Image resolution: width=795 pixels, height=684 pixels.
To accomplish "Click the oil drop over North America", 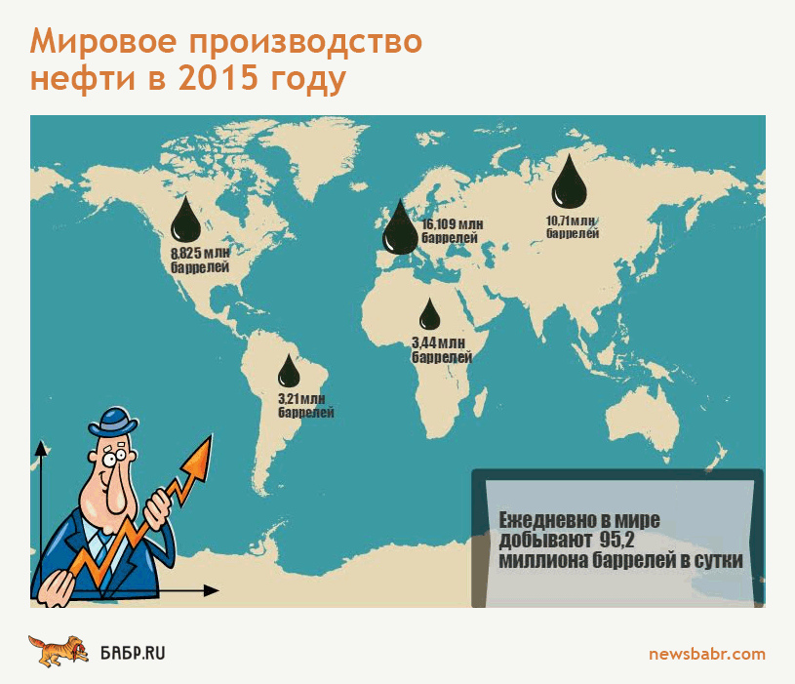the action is pyautogui.click(x=185, y=221).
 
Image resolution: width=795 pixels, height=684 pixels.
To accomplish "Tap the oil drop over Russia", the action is pyautogui.click(x=569, y=183).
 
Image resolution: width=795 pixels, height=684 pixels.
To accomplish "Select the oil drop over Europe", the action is pyautogui.click(x=400, y=229).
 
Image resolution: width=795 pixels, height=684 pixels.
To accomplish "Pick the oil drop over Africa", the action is pyautogui.click(x=429, y=314).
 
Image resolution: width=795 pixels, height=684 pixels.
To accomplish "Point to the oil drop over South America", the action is pyautogui.click(x=289, y=371).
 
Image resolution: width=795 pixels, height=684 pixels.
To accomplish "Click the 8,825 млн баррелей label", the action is pyautogui.click(x=200, y=260).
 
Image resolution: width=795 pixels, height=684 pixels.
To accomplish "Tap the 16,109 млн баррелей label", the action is pyautogui.click(x=453, y=230).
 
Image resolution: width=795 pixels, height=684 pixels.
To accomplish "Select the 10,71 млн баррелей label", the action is pyautogui.click(x=573, y=227).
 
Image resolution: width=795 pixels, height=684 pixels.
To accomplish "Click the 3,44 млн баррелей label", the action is pyautogui.click(x=442, y=350).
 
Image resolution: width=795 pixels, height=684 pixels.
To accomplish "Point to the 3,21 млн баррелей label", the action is pyautogui.click(x=305, y=405).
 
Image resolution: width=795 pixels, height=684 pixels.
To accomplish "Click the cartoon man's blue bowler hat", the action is pyautogui.click(x=113, y=422).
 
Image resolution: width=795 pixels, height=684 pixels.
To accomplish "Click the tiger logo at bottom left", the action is pyautogui.click(x=59, y=651).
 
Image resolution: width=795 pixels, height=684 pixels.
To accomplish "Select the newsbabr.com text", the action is pyautogui.click(x=707, y=654).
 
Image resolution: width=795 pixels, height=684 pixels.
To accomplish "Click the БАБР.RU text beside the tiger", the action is pyautogui.click(x=133, y=653).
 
